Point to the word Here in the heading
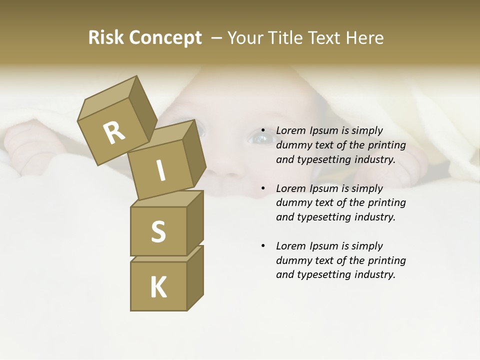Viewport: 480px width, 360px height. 364,38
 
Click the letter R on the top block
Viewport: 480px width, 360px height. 114,133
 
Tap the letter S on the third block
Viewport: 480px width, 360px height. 158,231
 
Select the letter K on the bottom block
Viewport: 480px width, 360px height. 158,287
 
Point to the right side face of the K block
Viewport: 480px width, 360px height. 195,277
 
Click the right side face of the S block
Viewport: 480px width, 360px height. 195,222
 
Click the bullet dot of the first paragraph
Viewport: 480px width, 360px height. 263,131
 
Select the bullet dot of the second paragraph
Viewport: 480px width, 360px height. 263,188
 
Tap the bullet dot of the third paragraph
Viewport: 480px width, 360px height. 263,246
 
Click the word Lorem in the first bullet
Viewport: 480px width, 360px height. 290,130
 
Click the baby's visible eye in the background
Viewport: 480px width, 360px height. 260,137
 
